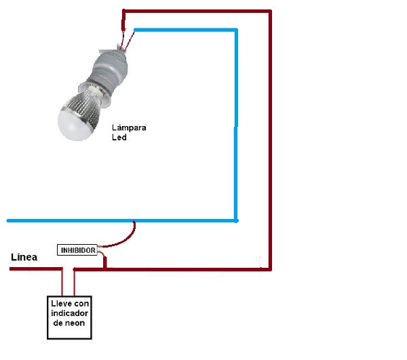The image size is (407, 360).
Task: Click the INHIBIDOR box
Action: point(77,250)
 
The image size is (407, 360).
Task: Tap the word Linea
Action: point(24,258)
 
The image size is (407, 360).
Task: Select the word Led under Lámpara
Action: point(119,137)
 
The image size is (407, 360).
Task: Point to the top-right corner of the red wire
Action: point(270,12)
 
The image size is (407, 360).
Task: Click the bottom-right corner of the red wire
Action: point(270,269)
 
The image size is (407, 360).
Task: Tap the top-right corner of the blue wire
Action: point(235,31)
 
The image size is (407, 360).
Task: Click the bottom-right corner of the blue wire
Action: point(235,220)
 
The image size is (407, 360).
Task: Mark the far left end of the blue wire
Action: point(9,220)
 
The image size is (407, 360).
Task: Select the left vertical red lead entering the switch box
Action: point(63,281)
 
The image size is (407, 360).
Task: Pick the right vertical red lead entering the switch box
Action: point(74,281)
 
